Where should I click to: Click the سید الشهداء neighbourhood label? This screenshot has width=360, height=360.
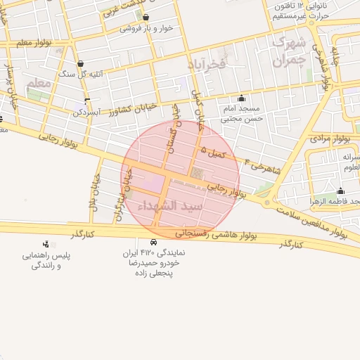182,206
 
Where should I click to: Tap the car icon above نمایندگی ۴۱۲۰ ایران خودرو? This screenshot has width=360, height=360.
153,242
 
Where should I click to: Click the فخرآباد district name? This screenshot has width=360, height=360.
205,64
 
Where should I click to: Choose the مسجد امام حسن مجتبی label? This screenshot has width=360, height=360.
241,114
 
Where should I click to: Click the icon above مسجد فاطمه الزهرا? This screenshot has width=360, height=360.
341,191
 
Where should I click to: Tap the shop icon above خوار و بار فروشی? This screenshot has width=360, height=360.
150,19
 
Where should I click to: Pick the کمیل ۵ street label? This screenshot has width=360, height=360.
213,150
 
